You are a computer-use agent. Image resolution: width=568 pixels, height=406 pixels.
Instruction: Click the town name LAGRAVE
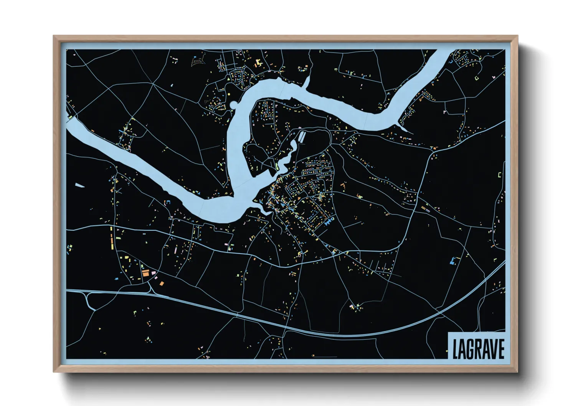[478, 348]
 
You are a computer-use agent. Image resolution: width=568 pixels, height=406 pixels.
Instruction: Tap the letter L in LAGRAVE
[456, 349]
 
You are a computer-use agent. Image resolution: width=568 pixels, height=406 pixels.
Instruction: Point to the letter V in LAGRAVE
[492, 349]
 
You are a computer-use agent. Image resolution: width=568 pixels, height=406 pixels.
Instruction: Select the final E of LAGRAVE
[500, 349]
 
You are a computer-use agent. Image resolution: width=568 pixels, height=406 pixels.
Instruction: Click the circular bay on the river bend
[233, 104]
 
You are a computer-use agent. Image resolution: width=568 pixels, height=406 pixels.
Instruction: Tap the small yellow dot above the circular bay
[229, 94]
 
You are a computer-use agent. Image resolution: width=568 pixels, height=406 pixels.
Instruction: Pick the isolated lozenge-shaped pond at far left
[79, 185]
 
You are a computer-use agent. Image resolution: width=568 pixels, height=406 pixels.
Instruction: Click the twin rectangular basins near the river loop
[302, 137]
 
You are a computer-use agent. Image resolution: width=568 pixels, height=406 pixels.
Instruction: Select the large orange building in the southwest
[145, 273]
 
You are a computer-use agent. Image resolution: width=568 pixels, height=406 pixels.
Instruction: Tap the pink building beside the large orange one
[154, 273]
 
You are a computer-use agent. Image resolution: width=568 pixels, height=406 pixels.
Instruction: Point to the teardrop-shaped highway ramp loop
[89, 299]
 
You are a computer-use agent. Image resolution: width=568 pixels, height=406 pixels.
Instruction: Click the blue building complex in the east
[453, 261]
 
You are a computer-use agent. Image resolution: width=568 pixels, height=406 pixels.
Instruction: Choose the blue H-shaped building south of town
[329, 221]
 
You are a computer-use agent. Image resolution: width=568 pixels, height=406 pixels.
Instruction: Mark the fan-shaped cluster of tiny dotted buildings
[198, 61]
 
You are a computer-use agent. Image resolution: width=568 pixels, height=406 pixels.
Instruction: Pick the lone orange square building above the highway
[162, 284]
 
